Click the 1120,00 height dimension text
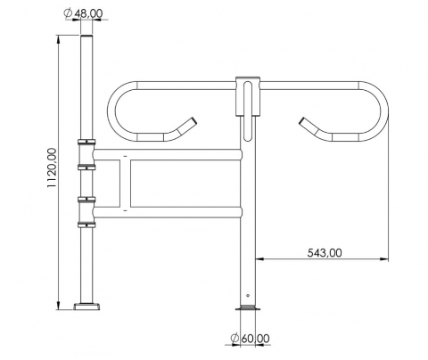[52, 168]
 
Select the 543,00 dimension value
[325, 253]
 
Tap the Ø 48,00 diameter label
[83, 13]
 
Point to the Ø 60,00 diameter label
[251, 339]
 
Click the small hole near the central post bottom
[248, 295]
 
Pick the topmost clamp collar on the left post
[86, 142]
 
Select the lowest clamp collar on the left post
[86, 225]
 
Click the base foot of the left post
[86, 307]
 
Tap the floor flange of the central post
[248, 307]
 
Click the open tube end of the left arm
[193, 121]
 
